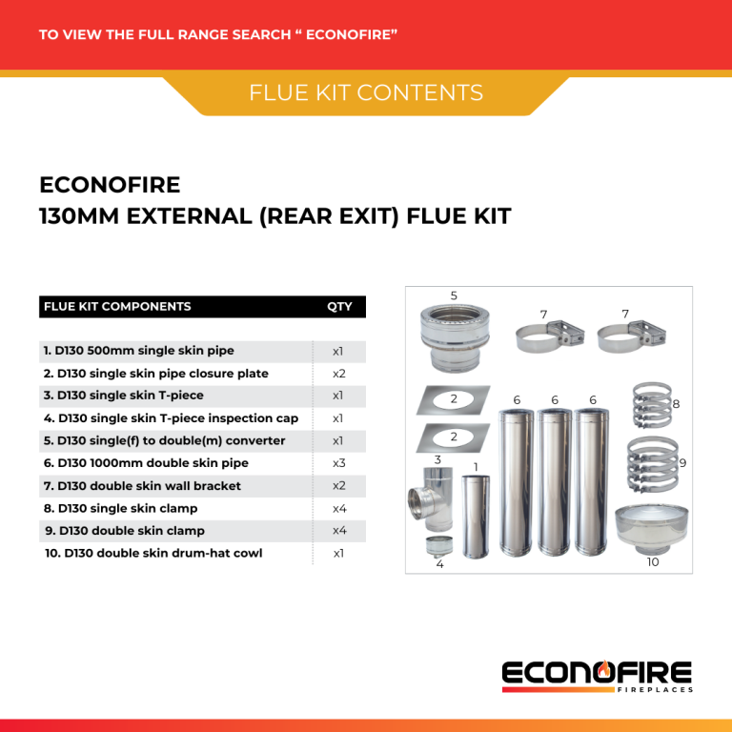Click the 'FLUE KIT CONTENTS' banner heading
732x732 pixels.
coord(366,92)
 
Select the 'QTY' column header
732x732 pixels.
coord(338,307)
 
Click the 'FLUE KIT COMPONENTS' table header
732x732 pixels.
coord(117,307)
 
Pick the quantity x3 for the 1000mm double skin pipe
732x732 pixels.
coord(338,463)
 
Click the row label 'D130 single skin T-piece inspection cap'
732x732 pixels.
coord(172,418)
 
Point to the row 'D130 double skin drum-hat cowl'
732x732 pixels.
coord(154,553)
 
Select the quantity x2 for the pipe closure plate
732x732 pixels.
coord(338,374)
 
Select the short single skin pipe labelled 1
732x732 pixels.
coord(476,516)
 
